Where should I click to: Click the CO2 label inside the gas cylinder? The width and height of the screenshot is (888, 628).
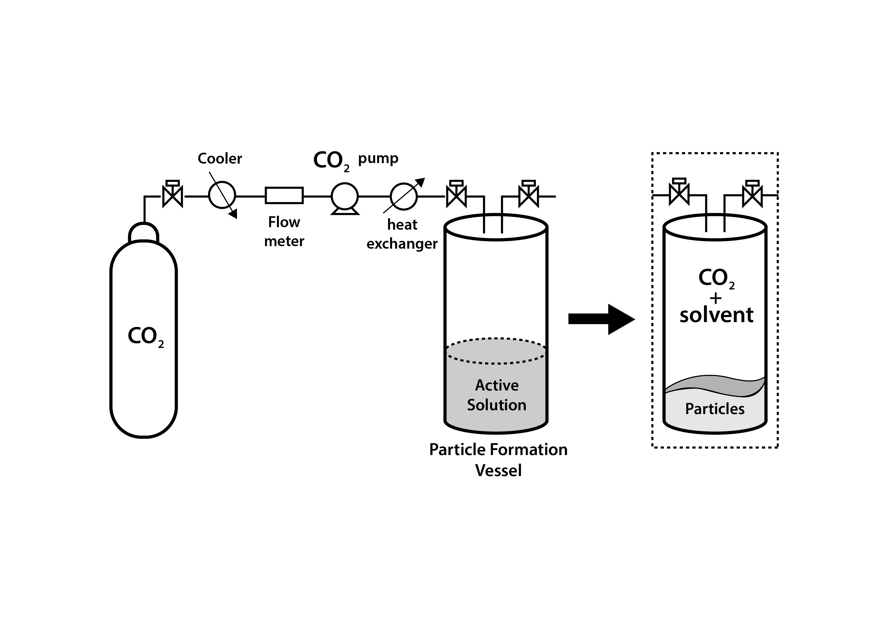(145, 336)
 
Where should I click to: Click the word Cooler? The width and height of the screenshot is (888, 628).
(220, 159)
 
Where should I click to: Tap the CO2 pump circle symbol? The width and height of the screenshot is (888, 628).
(344, 196)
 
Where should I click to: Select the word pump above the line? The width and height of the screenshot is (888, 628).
(378, 158)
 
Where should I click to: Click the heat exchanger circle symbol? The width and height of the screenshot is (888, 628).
(404, 196)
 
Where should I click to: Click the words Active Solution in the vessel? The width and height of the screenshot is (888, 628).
(497, 395)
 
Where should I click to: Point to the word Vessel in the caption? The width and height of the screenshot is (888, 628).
(498, 470)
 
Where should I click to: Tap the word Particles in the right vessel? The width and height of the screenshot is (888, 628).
(715, 409)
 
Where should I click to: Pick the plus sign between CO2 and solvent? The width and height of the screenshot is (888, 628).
(716, 298)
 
